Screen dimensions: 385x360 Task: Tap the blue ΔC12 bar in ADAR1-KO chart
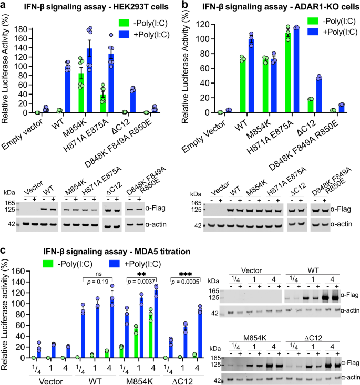tap(304, 95)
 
